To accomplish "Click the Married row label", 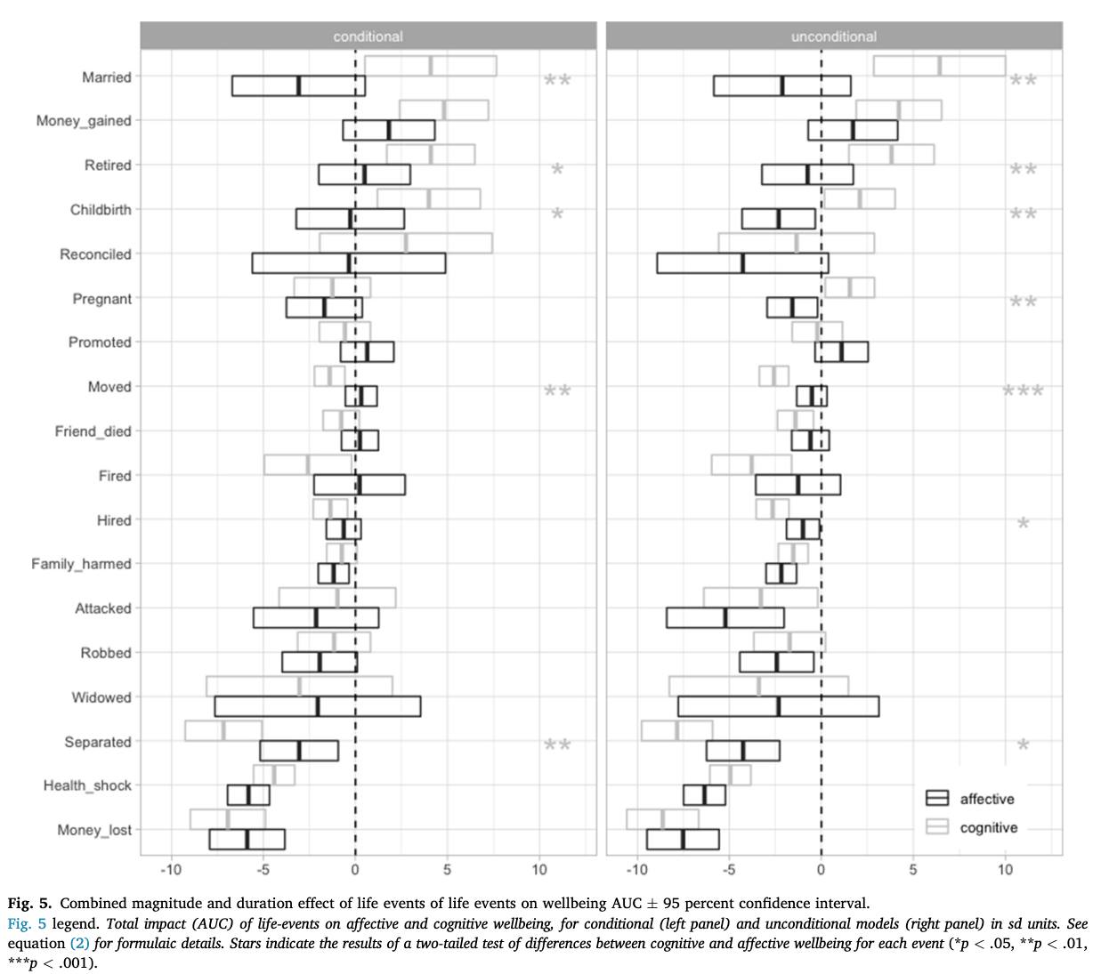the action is [x=107, y=77].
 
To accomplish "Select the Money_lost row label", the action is [x=94, y=830].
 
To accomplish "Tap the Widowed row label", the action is [x=101, y=697].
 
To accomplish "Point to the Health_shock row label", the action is [x=87, y=785].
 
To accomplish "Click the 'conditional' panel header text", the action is [x=368, y=36].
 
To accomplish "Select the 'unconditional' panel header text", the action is [x=834, y=36].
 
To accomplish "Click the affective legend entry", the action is [x=969, y=798].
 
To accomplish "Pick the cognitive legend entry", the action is [x=971, y=826].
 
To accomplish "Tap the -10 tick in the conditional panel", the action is [x=171, y=870].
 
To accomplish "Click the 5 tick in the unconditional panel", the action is [x=913, y=870].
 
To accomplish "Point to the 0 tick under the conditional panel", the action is [x=355, y=870].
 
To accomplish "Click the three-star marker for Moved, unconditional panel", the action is [x=1023, y=390].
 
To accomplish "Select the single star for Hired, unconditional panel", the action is [x=1023, y=523].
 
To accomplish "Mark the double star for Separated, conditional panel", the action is [x=557, y=745].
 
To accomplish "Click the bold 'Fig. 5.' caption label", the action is [x=29, y=904].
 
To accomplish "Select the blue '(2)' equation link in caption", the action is [x=80, y=943].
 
